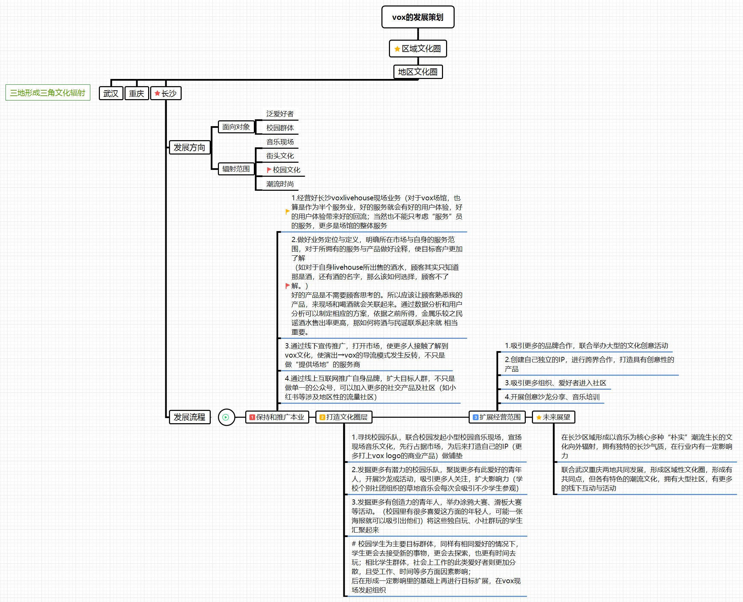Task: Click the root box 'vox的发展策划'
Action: pos(418,17)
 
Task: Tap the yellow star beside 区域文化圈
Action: pos(397,49)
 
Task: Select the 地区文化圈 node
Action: pos(418,72)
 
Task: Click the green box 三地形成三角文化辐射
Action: pos(48,93)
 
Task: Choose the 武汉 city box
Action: pos(111,93)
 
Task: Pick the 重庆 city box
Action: pos(137,93)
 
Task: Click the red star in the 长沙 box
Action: pos(157,93)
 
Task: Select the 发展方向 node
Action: pos(190,147)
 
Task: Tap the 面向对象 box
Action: pos(236,127)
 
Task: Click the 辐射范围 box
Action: pos(236,169)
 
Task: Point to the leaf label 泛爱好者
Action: pos(280,114)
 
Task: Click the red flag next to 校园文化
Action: pos(269,170)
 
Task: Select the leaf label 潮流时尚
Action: pos(280,184)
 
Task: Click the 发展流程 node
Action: pos(190,417)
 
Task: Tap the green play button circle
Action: pos(226,417)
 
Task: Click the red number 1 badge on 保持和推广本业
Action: pos(252,417)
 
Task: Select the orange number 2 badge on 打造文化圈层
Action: pos(322,417)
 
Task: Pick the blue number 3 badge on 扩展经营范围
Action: pos(476,417)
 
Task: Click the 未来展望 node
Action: pos(553,417)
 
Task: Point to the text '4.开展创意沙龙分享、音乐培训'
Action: pos(552,397)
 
